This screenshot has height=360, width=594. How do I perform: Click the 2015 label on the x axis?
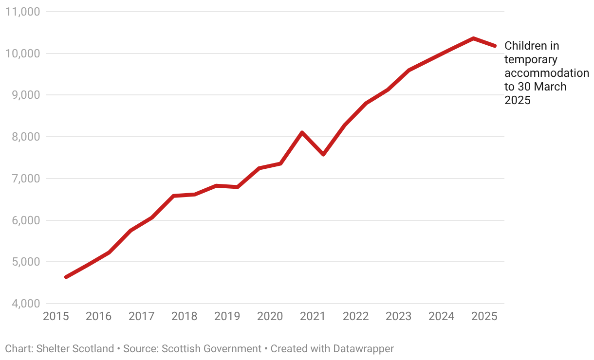point(56,316)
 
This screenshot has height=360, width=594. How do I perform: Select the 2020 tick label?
point(270,316)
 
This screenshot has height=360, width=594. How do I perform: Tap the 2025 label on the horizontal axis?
point(484,316)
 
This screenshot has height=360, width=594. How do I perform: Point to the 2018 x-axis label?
point(184,316)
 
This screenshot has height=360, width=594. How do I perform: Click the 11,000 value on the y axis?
point(21,12)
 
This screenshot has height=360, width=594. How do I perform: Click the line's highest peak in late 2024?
point(473,38)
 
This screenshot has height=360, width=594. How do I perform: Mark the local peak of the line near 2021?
point(302,132)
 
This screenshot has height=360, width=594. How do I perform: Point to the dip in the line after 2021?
point(323,154)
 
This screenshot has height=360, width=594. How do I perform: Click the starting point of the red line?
point(66,277)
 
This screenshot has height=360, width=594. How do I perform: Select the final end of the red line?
point(495,46)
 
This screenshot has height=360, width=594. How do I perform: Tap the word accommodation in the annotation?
point(546,73)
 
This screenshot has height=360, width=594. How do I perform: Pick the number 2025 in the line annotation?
point(517,100)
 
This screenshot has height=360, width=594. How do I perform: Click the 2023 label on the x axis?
point(398,316)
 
